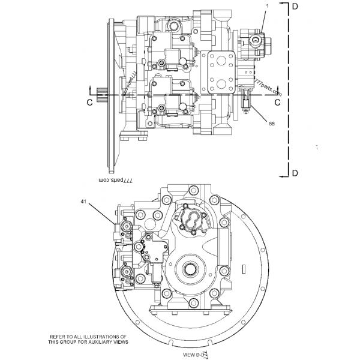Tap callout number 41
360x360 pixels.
tap(83, 202)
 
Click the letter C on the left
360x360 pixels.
tap(89, 103)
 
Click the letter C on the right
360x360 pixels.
tap(277, 103)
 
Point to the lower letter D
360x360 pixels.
tap(295, 173)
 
